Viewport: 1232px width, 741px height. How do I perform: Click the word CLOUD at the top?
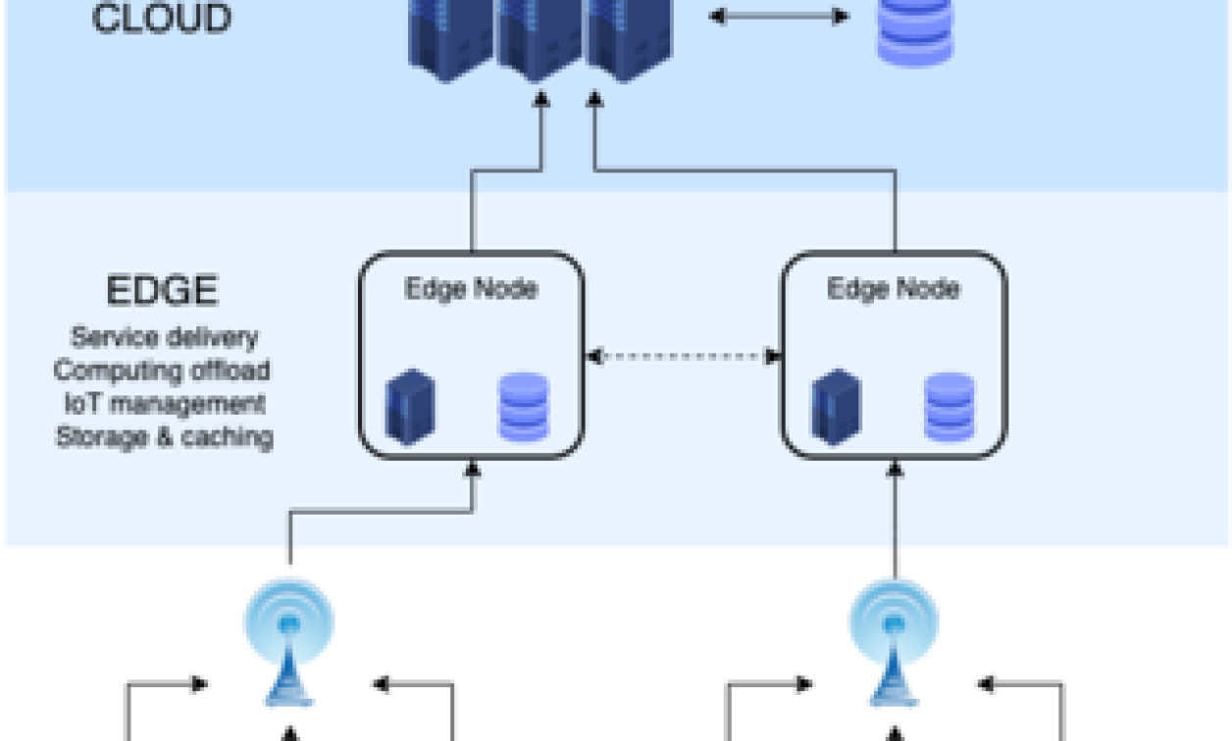click(162, 20)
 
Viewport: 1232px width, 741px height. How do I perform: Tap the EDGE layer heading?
click(162, 291)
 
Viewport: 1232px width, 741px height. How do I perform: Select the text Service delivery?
click(164, 337)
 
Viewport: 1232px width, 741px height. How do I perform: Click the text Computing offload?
click(162, 370)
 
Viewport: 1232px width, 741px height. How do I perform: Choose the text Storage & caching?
click(164, 436)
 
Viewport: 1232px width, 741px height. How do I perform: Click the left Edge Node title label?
click(471, 289)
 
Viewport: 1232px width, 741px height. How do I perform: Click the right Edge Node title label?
click(893, 289)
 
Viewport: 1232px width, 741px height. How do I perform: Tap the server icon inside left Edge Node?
click(410, 407)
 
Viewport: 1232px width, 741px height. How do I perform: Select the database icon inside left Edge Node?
click(524, 407)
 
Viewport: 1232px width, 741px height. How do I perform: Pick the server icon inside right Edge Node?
click(835, 407)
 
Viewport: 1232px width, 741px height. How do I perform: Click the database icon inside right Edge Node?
click(949, 407)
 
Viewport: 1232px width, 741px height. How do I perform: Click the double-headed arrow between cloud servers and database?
click(779, 17)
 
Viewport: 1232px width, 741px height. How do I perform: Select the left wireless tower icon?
click(289, 642)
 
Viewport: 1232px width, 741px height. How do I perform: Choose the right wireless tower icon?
click(894, 642)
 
